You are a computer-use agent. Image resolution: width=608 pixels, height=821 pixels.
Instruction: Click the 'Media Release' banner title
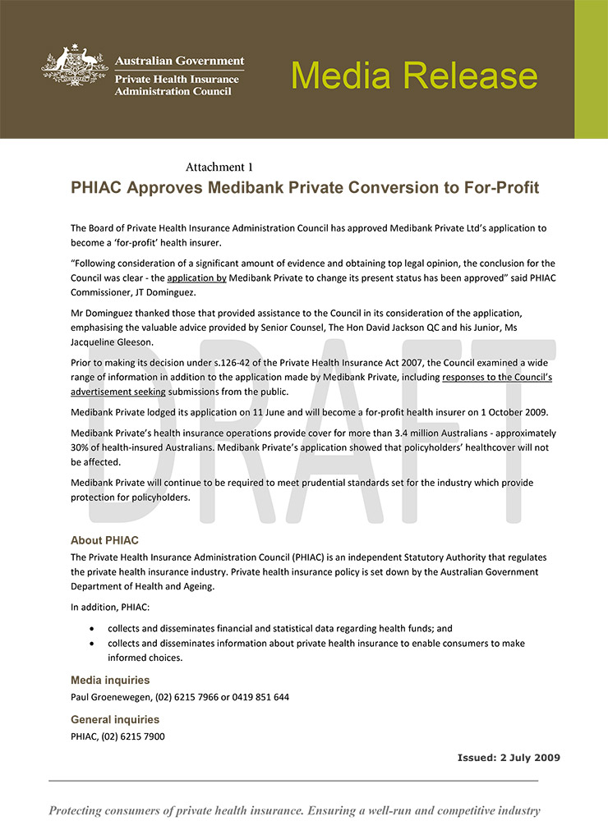(414, 75)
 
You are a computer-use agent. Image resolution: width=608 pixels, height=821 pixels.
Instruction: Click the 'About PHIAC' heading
(104, 541)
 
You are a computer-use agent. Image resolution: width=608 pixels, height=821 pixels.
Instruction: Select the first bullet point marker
(91, 629)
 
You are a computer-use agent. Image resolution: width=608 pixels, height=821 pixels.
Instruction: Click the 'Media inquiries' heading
(110, 681)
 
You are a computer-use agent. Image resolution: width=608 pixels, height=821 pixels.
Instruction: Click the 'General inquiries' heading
(115, 720)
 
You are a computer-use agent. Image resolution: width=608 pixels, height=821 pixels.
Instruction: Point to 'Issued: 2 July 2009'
(509, 758)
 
